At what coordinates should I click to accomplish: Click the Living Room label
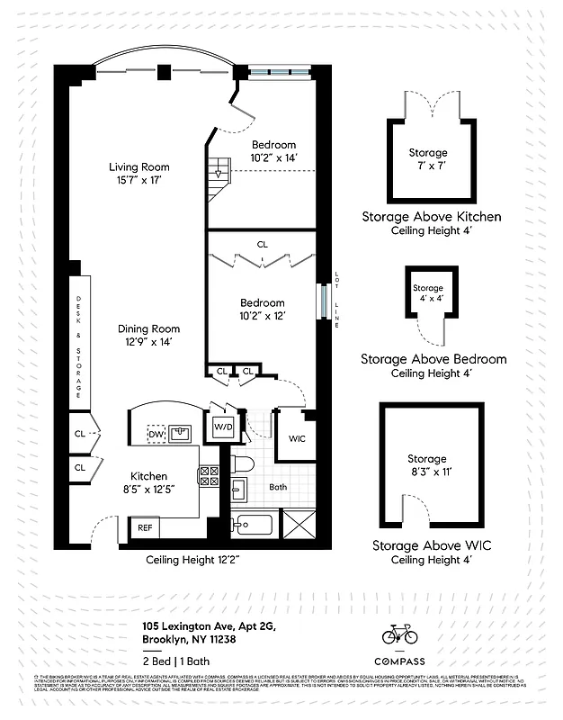click(x=139, y=166)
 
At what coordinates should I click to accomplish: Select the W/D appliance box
click(x=223, y=427)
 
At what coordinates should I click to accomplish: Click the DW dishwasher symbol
click(x=155, y=435)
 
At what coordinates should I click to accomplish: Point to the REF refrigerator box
click(x=145, y=528)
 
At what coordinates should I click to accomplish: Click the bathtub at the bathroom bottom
click(x=255, y=526)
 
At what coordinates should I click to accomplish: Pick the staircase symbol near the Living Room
click(x=220, y=169)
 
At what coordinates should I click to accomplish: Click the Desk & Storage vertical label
click(x=78, y=346)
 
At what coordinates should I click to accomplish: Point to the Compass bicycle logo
click(x=400, y=634)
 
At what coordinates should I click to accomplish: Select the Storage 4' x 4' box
click(x=427, y=293)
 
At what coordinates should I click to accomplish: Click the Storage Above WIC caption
click(x=432, y=545)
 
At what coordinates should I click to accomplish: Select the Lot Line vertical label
click(x=336, y=300)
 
